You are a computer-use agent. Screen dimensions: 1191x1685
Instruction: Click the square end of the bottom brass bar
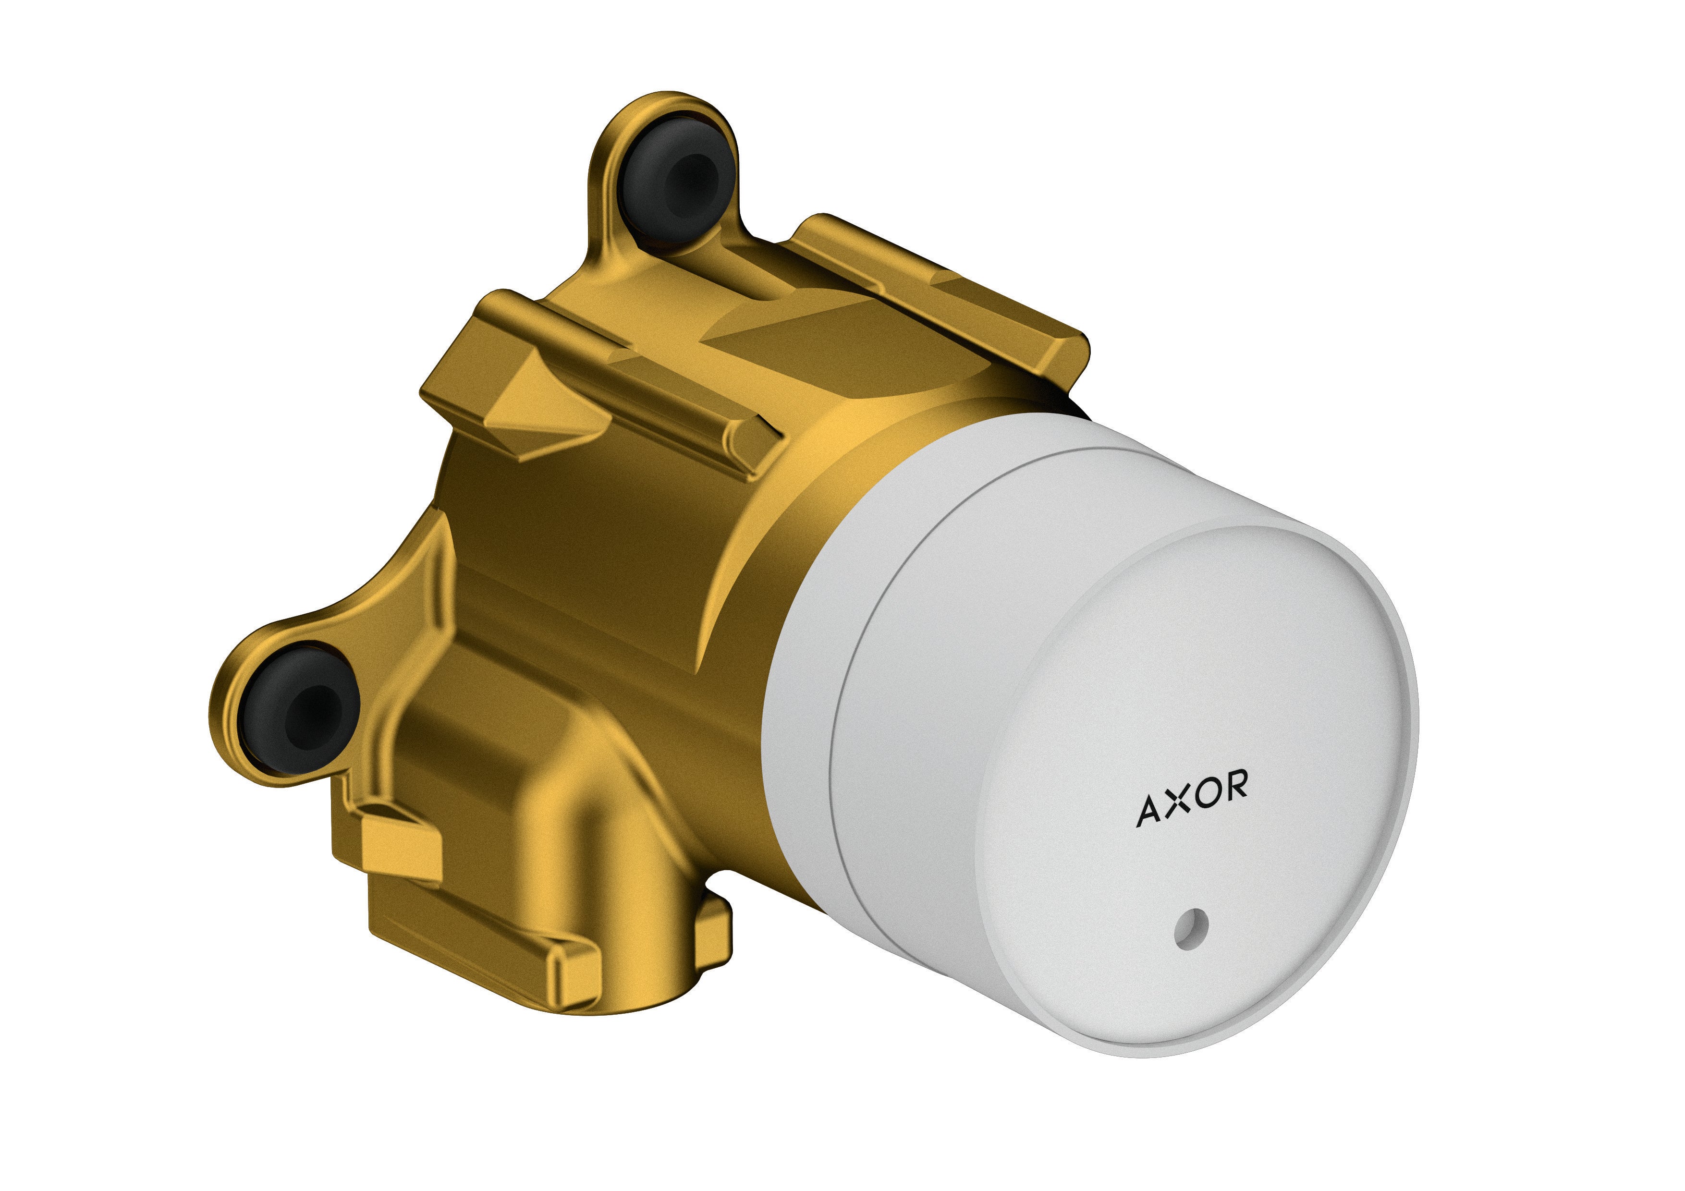(576, 976)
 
